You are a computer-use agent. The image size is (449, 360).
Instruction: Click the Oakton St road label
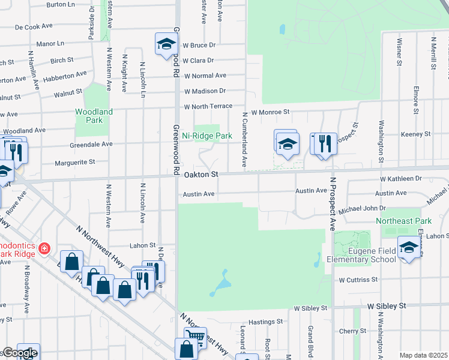[200, 175]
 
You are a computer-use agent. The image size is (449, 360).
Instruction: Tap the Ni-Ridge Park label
[207, 136]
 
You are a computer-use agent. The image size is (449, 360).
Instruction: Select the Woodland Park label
[94, 116]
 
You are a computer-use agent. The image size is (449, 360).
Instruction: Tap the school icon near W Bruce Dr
[166, 44]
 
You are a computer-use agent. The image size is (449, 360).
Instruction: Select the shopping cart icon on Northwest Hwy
[195, 337]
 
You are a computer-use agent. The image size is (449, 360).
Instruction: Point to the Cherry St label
[352, 331]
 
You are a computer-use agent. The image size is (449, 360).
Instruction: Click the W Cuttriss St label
[358, 280]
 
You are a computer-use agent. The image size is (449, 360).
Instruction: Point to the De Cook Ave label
[34, 27]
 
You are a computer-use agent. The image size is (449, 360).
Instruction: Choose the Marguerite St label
[75, 162]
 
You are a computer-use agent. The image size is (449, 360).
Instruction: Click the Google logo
[19, 353]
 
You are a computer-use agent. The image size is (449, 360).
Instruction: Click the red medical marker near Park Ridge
[43, 248]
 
